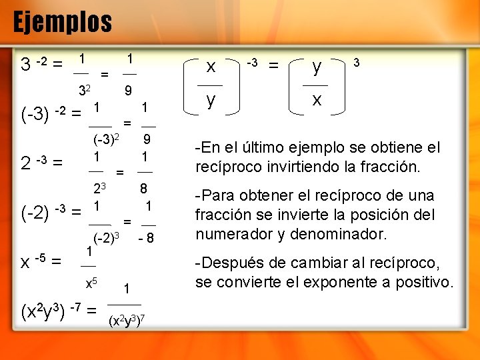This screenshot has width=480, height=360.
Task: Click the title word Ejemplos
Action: pyautogui.click(x=63, y=22)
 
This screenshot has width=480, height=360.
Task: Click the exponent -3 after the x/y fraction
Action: pyautogui.click(x=251, y=63)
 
